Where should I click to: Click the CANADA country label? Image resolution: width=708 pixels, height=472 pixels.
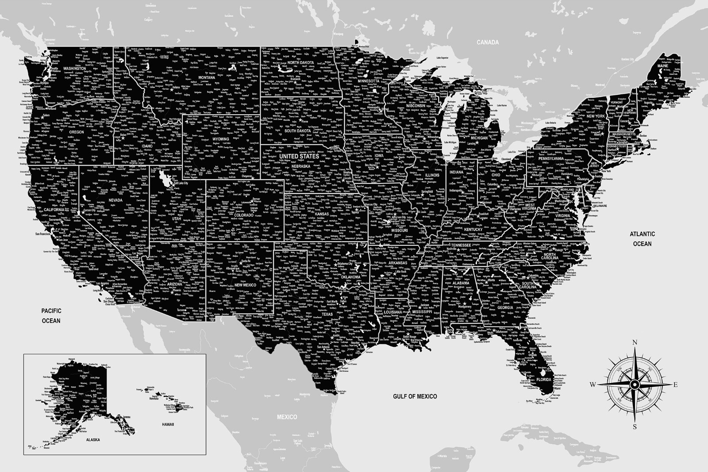pos(488,43)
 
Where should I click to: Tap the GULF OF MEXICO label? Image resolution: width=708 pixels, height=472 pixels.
pos(415,396)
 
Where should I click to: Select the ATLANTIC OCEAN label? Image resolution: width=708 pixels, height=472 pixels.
pos(643,239)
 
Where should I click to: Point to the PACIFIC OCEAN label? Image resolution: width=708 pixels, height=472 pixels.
pos(51,315)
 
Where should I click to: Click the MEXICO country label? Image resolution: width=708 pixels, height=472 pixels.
pos(287,417)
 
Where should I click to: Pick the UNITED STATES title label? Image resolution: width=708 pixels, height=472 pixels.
pos(299,156)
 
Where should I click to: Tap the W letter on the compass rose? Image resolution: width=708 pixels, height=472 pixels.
pos(593,384)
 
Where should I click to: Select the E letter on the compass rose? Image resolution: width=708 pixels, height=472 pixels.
pos(675,384)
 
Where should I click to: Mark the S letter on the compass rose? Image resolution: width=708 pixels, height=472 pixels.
pos(635,427)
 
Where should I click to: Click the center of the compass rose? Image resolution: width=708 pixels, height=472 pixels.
pos(635,384)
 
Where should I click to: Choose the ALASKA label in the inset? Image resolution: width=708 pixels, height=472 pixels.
pos(93,440)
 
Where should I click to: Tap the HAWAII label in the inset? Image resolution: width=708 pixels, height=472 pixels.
pos(168,424)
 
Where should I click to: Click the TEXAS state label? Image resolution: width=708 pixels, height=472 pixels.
pos(327,314)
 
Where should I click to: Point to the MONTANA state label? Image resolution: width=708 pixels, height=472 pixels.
pos(207,78)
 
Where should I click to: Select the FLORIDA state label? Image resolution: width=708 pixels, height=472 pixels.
pos(544,380)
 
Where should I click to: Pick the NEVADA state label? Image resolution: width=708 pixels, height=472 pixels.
pos(115,200)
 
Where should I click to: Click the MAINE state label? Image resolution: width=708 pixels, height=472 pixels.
pos(662,66)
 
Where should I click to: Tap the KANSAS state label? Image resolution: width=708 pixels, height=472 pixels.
pos(322,214)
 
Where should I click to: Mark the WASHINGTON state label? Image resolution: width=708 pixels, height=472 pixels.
pos(74,69)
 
